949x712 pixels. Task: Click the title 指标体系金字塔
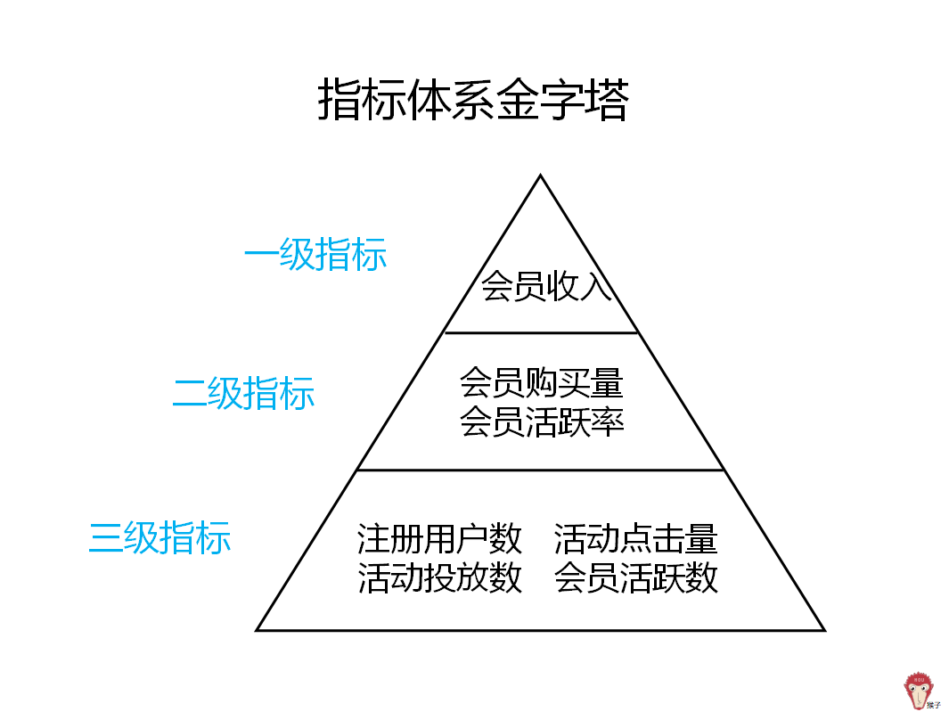tap(473, 100)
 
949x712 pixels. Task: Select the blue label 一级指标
tap(315, 254)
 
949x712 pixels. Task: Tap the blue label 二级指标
tap(244, 394)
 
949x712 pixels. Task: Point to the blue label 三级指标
tap(160, 537)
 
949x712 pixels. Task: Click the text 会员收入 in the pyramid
tap(546, 286)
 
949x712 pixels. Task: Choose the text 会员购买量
tap(542, 382)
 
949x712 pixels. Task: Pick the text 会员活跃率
tap(542, 422)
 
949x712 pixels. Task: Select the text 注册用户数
tap(440, 539)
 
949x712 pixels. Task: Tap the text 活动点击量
tap(636, 539)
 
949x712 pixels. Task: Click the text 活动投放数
tap(440, 577)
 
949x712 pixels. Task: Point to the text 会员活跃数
tap(636, 577)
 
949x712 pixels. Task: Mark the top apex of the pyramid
tap(541, 176)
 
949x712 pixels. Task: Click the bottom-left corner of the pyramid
tap(257, 630)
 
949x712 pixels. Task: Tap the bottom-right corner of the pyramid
tap(825, 630)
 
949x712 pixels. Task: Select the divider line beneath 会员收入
tap(541, 332)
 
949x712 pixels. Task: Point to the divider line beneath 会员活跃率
tap(541, 470)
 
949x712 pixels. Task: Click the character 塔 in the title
tap(607, 100)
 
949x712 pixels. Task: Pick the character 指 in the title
tap(340, 100)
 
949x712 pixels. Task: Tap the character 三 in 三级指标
tap(106, 537)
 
